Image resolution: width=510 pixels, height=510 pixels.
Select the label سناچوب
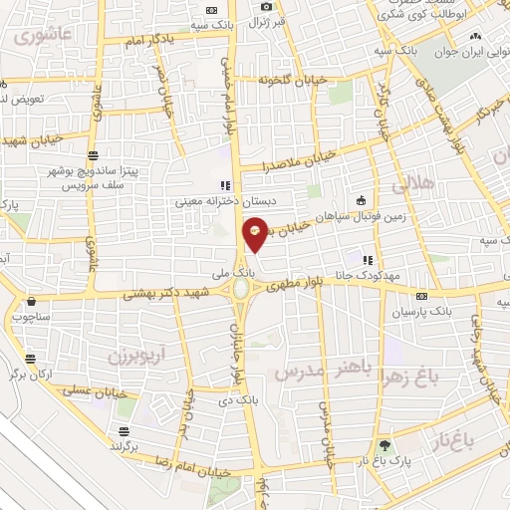(x=32, y=318)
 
